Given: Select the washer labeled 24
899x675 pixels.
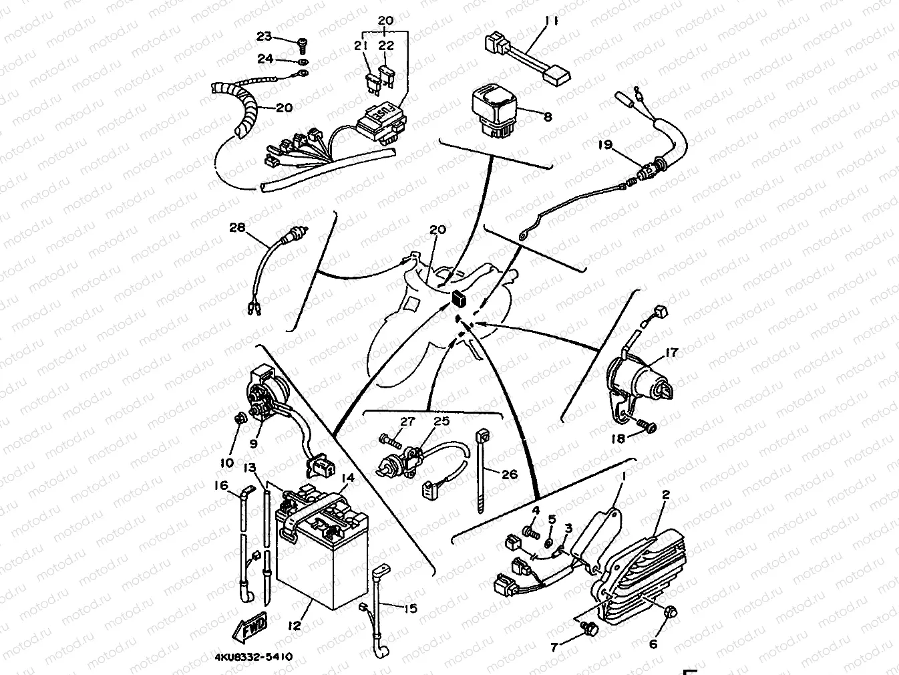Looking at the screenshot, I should (x=302, y=63).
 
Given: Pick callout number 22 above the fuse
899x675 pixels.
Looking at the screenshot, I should (x=386, y=45).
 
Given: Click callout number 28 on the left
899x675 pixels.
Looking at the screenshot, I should (x=237, y=228).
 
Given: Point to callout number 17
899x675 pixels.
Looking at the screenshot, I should (x=671, y=353).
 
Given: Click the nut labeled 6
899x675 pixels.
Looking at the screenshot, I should (x=671, y=612).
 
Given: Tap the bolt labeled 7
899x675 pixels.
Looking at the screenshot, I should (x=590, y=628).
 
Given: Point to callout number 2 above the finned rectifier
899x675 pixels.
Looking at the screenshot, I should (x=665, y=495).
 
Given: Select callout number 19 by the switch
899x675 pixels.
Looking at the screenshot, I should (x=604, y=144).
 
